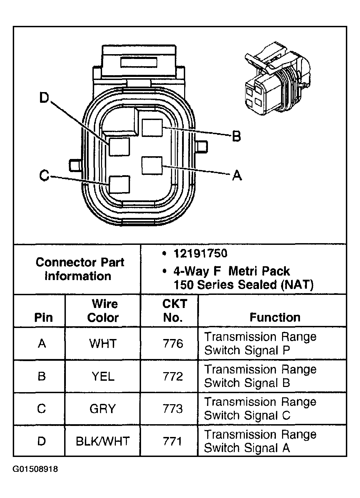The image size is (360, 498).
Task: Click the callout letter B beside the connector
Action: point(236,136)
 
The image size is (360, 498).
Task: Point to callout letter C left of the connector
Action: point(44,176)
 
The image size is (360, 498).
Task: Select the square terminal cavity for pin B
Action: point(152,128)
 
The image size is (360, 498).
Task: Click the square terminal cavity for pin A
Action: point(152,166)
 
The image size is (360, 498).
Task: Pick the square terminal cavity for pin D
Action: point(119,147)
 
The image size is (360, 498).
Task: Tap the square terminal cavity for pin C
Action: point(119,184)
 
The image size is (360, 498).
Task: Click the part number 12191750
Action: point(200,253)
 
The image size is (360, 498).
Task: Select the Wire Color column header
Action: point(103,310)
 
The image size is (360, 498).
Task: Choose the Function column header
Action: point(275,317)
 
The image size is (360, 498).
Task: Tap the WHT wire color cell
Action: point(103,343)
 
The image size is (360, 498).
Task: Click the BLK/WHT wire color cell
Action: point(103,441)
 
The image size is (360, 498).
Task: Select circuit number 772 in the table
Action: point(173,376)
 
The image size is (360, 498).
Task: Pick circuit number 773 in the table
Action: point(173,409)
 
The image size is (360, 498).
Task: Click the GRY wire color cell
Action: point(103,409)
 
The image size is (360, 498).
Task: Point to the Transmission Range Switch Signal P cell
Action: point(260,343)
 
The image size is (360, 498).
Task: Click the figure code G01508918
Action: point(36,469)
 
